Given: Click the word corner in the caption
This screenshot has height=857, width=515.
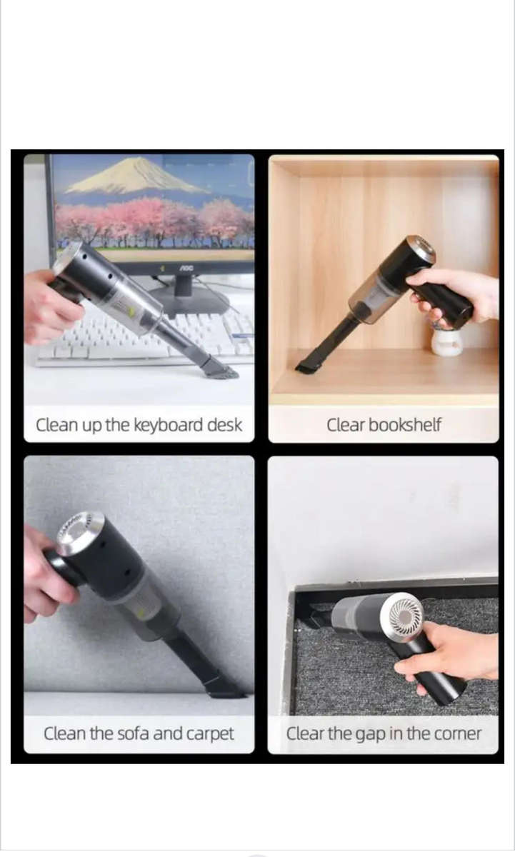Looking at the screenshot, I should click(456, 733).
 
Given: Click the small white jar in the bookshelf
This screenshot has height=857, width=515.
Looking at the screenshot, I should click(446, 342).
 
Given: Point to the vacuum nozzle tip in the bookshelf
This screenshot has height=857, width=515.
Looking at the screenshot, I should click(307, 367).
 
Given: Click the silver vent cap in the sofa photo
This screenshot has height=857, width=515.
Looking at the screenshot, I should click(79, 533).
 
